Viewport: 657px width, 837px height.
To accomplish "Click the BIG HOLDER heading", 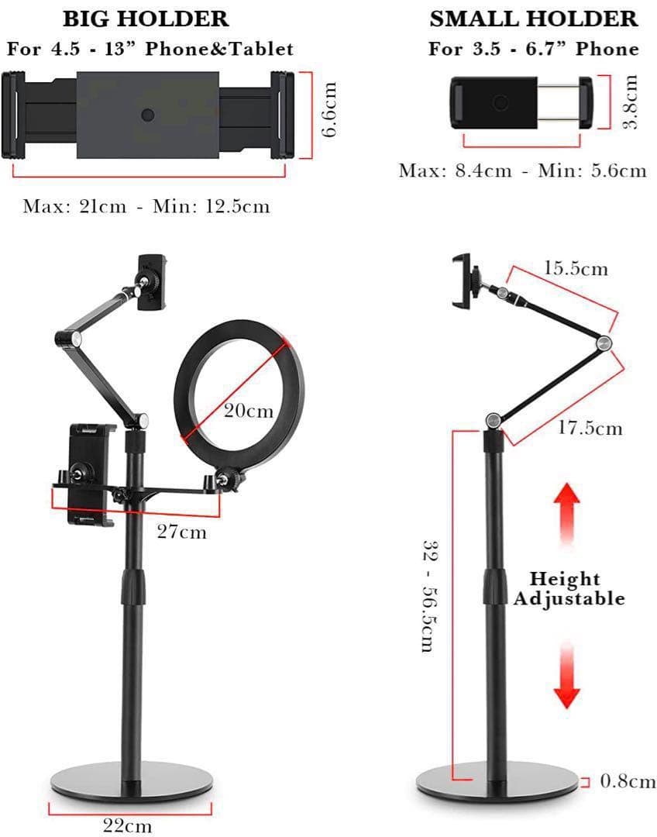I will point(146,19).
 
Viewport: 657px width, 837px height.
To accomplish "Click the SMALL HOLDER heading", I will point(534,19).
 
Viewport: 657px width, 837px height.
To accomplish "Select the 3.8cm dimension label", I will point(631,102).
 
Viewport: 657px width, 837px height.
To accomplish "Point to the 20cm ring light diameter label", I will point(248,411).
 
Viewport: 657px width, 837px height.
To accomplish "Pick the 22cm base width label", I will point(128,825).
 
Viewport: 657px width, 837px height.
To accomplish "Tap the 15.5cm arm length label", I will point(576,269).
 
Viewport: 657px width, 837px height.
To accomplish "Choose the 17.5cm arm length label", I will point(590,428).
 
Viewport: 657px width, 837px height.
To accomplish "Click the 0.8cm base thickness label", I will point(628,781).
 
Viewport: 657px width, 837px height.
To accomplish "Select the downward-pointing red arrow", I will point(567,674).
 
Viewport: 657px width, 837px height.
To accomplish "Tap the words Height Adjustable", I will point(568,588).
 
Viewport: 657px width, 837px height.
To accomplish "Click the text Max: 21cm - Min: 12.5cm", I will point(146,206).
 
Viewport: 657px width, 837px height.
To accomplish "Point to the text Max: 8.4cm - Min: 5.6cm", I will point(522,170).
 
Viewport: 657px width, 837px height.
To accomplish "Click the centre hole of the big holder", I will point(148,115).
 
